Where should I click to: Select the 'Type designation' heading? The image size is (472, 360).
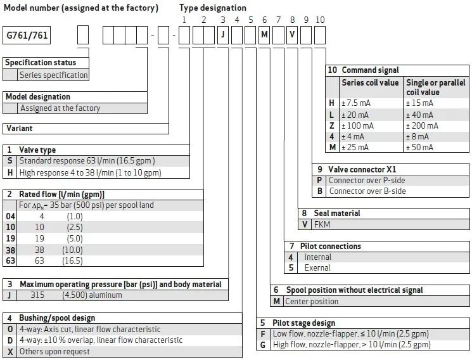pos(213,8)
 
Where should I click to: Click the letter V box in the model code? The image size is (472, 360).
pos(292,35)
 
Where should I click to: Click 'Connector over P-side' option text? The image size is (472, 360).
pos(367,180)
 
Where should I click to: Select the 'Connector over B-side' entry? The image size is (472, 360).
pos(367,191)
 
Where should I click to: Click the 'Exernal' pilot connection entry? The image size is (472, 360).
pos(317,267)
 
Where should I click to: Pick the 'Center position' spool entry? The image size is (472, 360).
pos(312,301)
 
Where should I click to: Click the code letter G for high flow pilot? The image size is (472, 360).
pos(263,345)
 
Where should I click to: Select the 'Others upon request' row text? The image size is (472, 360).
pos(54,351)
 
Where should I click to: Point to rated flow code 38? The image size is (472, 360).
pos(10,250)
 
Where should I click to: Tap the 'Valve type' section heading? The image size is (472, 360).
pos(37,150)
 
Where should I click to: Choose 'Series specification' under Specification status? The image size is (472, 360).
pos(54,75)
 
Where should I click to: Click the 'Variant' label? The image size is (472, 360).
pos(20,128)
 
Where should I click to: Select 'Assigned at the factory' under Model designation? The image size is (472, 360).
pos(60,108)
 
